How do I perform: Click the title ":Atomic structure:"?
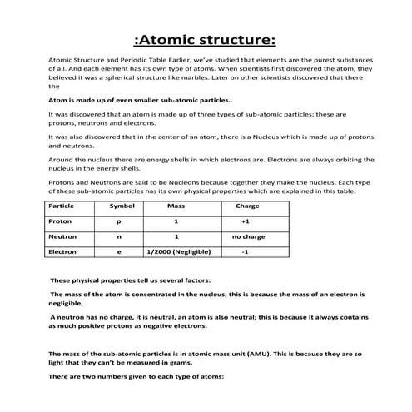205,40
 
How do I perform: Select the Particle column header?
62,205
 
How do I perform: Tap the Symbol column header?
122,205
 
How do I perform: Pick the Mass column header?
176,205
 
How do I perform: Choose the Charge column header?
247,205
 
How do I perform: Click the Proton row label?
61,221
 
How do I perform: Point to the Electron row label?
63,251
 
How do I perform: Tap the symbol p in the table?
118,221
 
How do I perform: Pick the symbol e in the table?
118,251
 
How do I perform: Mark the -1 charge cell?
245,251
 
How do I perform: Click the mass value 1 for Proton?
176,221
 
